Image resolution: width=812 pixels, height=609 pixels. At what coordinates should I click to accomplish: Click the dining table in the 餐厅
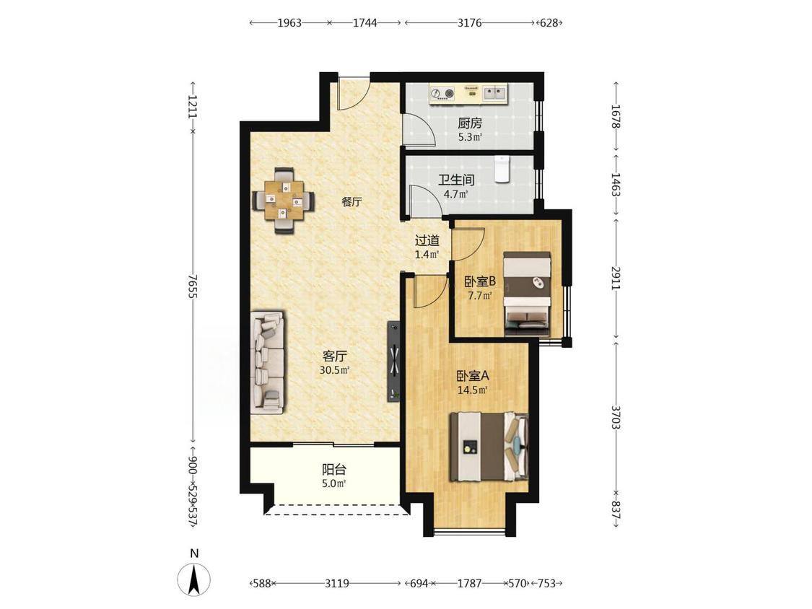[x=283, y=200]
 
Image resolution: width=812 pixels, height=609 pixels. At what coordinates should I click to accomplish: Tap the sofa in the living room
[x=267, y=362]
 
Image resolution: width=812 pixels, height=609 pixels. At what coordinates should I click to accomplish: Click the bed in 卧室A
[x=489, y=447]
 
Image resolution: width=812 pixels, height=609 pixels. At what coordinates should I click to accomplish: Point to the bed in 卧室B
[x=527, y=294]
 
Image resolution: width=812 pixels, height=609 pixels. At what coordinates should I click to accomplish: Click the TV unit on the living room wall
[x=394, y=362]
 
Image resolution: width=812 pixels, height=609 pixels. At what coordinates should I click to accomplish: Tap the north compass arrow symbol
[x=194, y=579]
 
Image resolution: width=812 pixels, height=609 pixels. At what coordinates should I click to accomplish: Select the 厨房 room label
[x=470, y=123]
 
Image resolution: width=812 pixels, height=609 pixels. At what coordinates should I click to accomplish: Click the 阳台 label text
[x=334, y=470]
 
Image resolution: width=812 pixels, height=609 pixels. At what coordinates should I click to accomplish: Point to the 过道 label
[x=427, y=240]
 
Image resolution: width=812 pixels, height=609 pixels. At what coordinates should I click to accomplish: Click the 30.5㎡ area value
[x=334, y=370]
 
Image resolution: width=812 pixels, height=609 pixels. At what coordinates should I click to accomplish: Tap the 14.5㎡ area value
[x=473, y=390]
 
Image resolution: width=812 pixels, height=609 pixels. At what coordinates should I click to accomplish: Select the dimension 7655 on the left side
[x=193, y=286]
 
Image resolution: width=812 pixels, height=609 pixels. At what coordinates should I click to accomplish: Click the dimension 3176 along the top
[x=470, y=23]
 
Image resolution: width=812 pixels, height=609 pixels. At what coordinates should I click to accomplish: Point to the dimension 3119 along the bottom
[x=336, y=584]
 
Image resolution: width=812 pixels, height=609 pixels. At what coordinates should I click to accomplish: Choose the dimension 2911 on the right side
[x=616, y=278]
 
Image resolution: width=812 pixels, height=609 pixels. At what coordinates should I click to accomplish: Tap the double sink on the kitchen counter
[x=495, y=93]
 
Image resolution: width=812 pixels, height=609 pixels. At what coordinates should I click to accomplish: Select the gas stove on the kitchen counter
[x=442, y=94]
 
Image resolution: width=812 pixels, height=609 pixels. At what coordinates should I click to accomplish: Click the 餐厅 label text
[x=352, y=202]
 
